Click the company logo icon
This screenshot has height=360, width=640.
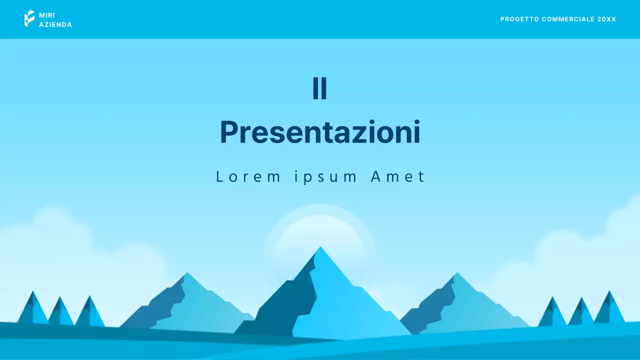(x=29, y=18)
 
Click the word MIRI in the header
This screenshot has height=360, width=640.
(x=47, y=15)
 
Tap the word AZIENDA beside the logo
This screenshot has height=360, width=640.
(x=55, y=24)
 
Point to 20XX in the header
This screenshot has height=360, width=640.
(x=606, y=19)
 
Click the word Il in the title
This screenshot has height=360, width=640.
(x=320, y=88)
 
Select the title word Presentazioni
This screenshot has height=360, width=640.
(x=320, y=132)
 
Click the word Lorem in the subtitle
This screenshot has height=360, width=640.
(x=248, y=176)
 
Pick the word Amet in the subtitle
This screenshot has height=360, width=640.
(x=398, y=176)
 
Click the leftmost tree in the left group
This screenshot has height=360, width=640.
(x=33, y=309)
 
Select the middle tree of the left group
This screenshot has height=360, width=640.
(x=60, y=312)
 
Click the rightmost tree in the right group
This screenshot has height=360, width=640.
(x=609, y=308)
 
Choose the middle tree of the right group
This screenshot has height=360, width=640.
(x=581, y=312)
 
